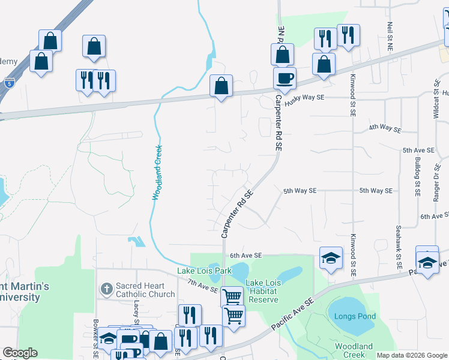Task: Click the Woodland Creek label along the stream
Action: pyautogui.click(x=157, y=173)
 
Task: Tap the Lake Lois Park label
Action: pyautogui.click(x=204, y=271)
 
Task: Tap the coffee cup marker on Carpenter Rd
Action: pyautogui.click(x=285, y=77)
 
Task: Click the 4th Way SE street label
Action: pyautogui.click(x=384, y=127)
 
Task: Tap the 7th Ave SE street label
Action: pyautogui.click(x=202, y=286)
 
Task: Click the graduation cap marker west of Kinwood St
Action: pyautogui.click(x=330, y=258)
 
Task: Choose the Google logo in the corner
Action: pyautogui.click(x=20, y=353)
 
